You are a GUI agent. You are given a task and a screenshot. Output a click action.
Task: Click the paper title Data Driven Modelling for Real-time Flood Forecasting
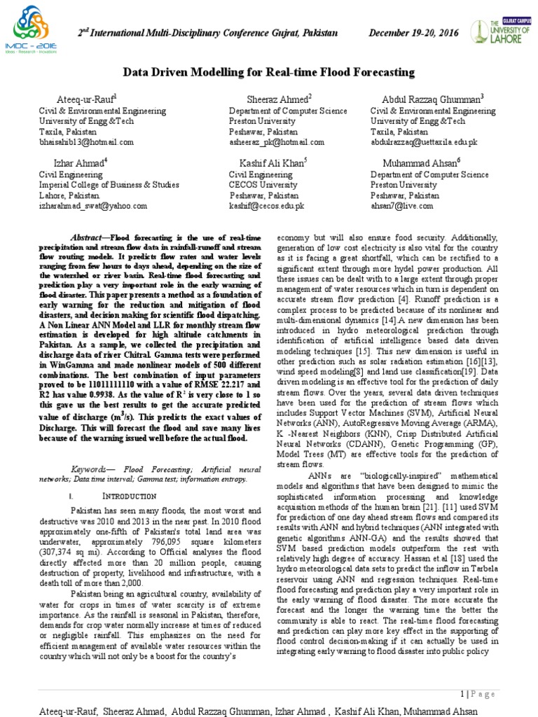[269, 72]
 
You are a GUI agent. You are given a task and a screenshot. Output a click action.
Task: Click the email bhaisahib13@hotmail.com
[85, 142]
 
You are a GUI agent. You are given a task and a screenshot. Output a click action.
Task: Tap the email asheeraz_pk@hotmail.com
[277, 142]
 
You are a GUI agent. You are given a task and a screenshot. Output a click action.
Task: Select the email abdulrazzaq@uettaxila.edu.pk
[424, 142]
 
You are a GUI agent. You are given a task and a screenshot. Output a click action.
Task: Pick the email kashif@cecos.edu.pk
[267, 207]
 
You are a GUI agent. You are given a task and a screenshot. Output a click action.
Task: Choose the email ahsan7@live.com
[402, 207]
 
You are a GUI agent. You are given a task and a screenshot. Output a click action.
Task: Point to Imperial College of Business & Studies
[109, 185]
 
